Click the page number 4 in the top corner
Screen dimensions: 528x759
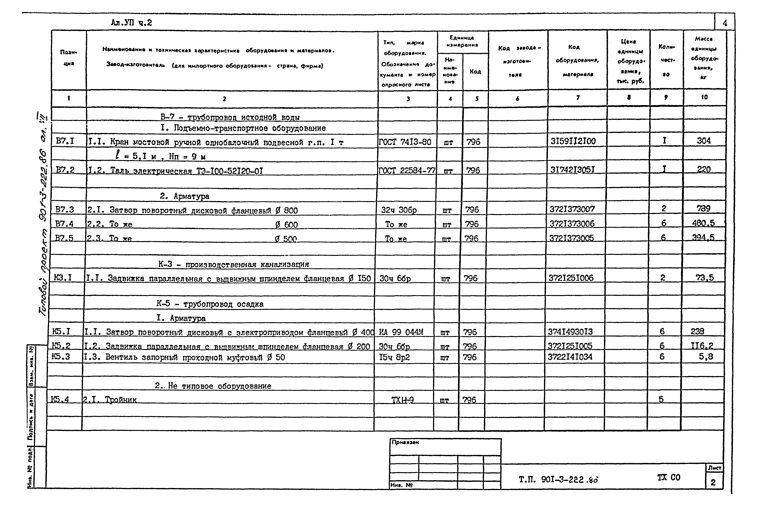[x=725, y=23]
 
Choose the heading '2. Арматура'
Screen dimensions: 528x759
[x=184, y=196]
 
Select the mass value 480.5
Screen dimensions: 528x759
[x=703, y=223]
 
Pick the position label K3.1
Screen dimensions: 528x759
[x=63, y=277]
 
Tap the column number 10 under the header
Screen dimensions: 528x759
[x=704, y=97]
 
